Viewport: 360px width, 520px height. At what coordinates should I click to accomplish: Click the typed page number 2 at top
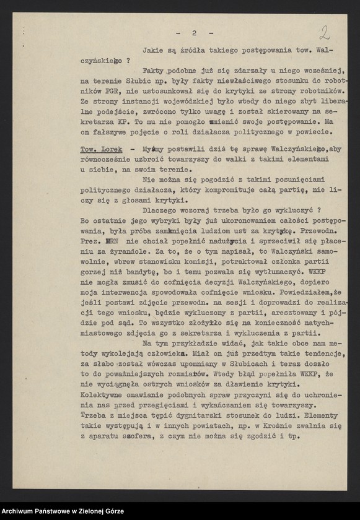tap(194, 33)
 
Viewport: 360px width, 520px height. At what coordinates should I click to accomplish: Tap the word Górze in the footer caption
tap(112, 511)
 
